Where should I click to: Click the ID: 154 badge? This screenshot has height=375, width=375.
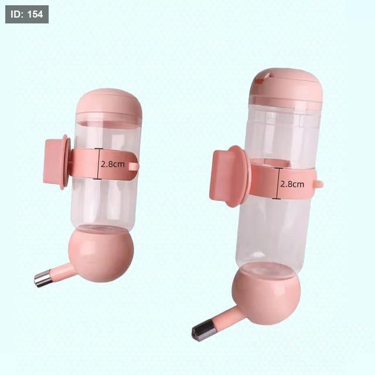[27, 14]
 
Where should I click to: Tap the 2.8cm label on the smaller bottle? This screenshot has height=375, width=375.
[112, 164]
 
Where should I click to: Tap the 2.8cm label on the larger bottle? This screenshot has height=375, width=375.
[292, 184]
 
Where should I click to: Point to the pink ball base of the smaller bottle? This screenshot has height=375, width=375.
[101, 254]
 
